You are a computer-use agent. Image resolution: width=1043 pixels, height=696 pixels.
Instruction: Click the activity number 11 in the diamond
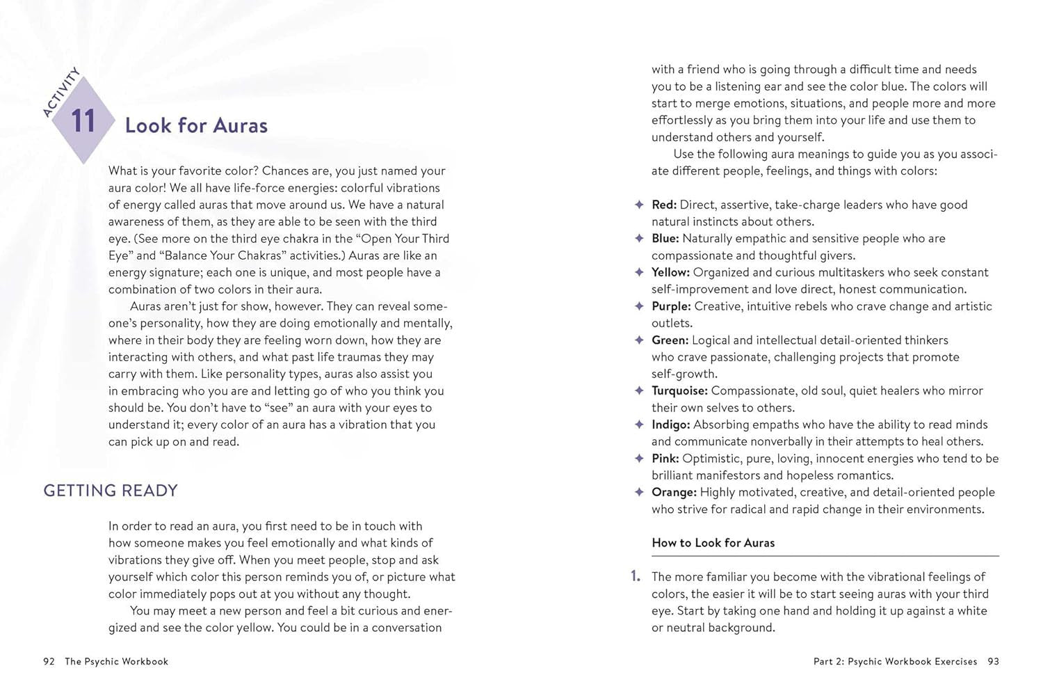point(83,120)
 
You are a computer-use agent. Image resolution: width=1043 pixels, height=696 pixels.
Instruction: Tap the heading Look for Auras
point(196,125)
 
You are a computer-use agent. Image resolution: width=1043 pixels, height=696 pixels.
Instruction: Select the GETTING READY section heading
point(111,491)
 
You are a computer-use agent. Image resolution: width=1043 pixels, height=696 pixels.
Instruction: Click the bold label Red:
point(664,205)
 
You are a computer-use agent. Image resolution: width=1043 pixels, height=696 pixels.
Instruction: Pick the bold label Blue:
point(665,239)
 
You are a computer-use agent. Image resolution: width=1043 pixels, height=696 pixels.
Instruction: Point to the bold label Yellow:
point(670,272)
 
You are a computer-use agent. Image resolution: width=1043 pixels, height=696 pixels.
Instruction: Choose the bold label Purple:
point(671,306)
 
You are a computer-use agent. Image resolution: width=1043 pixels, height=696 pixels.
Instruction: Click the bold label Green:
point(670,340)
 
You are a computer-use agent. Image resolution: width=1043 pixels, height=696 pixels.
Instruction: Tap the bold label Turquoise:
point(679,391)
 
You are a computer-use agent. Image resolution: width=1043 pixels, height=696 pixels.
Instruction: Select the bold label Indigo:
point(670,425)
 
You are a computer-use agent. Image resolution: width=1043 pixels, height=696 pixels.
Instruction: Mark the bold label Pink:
point(665,459)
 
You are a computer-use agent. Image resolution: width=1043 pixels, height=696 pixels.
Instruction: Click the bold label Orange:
point(674,492)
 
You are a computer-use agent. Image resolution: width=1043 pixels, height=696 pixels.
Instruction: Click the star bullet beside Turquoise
point(639,390)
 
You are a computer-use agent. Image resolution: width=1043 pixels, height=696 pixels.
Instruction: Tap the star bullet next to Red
point(639,205)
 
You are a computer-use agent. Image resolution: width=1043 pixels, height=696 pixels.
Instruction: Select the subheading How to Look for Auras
point(713,543)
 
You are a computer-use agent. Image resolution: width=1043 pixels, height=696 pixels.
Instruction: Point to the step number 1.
point(635,576)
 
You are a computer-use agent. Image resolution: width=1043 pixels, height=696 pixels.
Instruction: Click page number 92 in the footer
point(49,662)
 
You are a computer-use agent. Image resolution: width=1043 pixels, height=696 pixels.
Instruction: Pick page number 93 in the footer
point(993,662)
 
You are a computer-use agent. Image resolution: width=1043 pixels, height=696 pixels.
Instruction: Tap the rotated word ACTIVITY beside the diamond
point(61,92)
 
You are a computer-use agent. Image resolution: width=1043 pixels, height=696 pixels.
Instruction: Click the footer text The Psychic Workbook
point(116,662)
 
